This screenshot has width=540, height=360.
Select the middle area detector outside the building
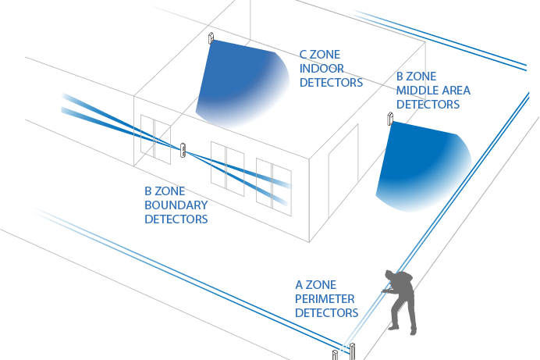pyautogui.click(x=388, y=118)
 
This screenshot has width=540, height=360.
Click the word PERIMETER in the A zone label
pyautogui.click(x=325, y=299)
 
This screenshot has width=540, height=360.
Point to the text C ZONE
pyautogui.click(x=322, y=55)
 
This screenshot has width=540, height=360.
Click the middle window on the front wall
pyautogui.click(x=227, y=167)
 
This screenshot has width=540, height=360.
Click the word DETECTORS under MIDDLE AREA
pyautogui.click(x=428, y=104)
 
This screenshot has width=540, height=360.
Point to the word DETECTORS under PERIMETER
pyautogui.click(x=326, y=312)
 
